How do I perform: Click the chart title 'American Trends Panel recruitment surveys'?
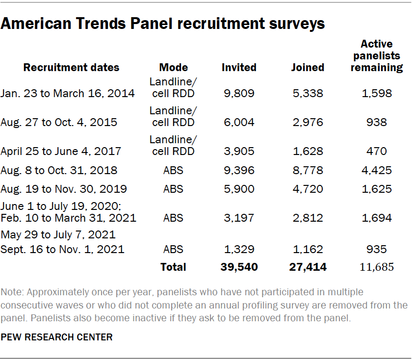click(162, 24)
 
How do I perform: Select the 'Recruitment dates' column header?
click(71, 67)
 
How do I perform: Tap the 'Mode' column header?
click(173, 67)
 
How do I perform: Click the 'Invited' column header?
click(238, 67)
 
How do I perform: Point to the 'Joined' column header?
click(308, 67)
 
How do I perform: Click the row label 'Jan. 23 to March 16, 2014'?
click(68, 93)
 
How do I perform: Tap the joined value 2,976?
click(308, 122)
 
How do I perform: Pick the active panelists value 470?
click(377, 151)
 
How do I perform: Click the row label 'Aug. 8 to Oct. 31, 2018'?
click(59, 170)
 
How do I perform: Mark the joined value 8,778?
click(308, 170)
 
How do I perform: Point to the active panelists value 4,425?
click(377, 170)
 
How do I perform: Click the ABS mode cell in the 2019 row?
click(173, 189)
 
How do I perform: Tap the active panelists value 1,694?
click(377, 218)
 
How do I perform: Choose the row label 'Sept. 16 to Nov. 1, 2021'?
click(63, 249)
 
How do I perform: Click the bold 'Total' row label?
click(173, 267)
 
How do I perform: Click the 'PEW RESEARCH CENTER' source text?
click(57, 337)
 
